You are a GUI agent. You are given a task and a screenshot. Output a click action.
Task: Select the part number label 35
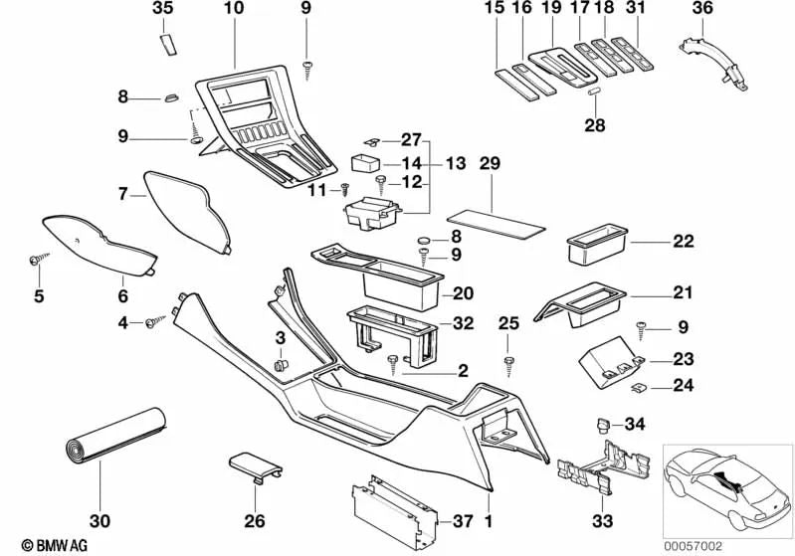(161, 9)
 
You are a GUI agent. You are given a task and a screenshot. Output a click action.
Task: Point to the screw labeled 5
(36, 259)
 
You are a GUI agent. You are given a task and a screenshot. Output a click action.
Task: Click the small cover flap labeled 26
(254, 465)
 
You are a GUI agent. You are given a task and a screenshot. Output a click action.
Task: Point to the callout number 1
(489, 520)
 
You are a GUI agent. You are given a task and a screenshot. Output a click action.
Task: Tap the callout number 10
(233, 9)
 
